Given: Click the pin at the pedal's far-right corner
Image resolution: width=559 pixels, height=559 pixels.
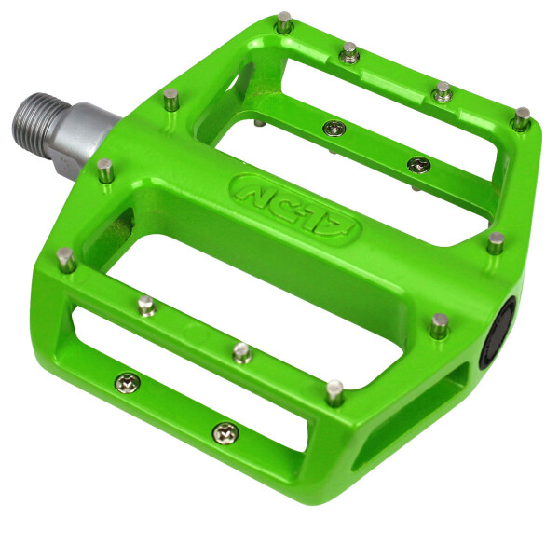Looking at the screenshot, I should [523, 118].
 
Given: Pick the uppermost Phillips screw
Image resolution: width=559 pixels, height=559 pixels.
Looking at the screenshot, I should [334, 128].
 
